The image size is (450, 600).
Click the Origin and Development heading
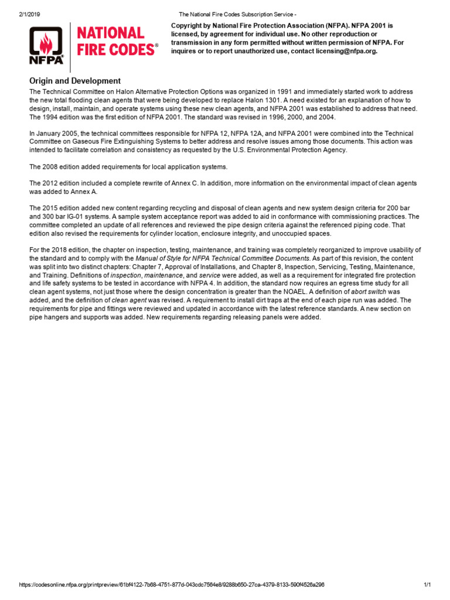point(75,81)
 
